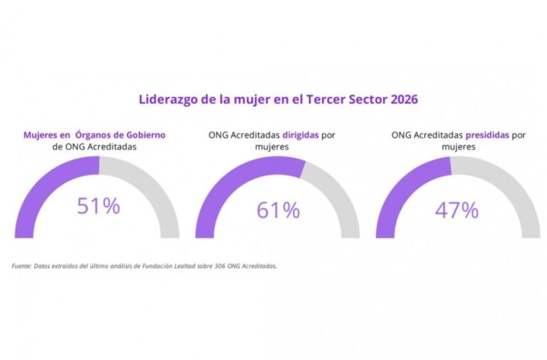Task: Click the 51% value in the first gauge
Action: (x=98, y=207)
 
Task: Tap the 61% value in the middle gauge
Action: (x=278, y=210)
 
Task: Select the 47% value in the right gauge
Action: (x=457, y=210)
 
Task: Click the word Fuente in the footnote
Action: (x=21, y=266)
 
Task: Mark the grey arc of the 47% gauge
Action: (x=516, y=185)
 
